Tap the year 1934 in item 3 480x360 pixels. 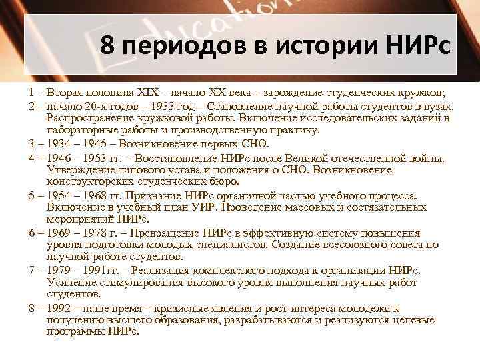(53, 144)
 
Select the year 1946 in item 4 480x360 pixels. (53, 159)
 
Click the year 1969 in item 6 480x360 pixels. (53, 233)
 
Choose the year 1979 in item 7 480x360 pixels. (53, 271)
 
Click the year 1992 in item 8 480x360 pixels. (53, 309)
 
